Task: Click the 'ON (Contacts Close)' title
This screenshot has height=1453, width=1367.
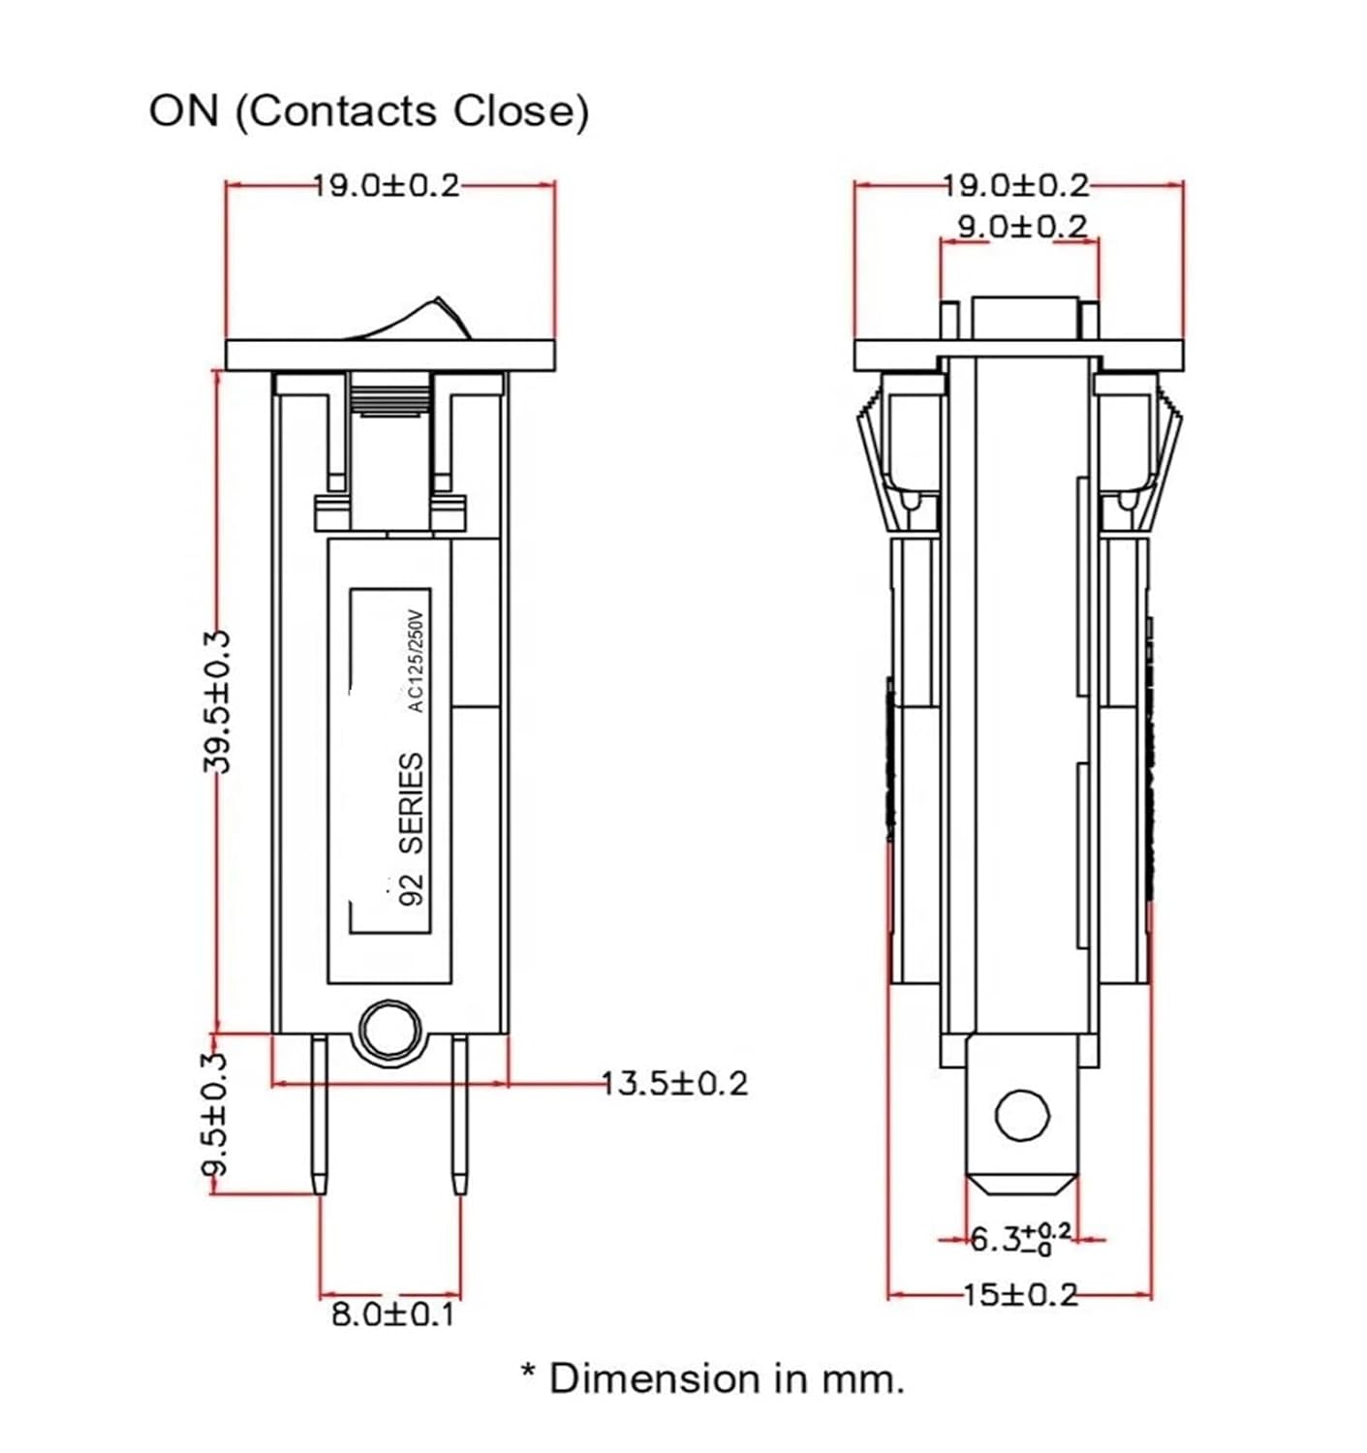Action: point(368,110)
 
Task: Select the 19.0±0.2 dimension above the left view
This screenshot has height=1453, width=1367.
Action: point(387,185)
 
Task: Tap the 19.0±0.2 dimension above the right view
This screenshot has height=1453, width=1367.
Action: point(1016,185)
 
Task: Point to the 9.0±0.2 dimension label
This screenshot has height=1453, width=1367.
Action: point(1022,227)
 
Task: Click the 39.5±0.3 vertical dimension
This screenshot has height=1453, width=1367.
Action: point(218,701)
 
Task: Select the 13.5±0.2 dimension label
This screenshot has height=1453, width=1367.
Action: point(674,1082)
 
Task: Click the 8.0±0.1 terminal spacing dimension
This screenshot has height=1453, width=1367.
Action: point(392,1314)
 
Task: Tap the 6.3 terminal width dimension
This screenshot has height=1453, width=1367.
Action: point(1020,1238)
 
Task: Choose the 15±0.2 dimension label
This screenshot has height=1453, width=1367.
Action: point(1019,1294)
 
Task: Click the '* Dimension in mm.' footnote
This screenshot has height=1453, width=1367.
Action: point(712,1377)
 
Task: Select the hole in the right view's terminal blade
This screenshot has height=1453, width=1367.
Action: point(1022,1115)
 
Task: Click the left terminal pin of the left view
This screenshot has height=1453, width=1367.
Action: point(319,1114)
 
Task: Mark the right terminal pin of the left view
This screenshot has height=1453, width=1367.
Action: point(459,1114)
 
